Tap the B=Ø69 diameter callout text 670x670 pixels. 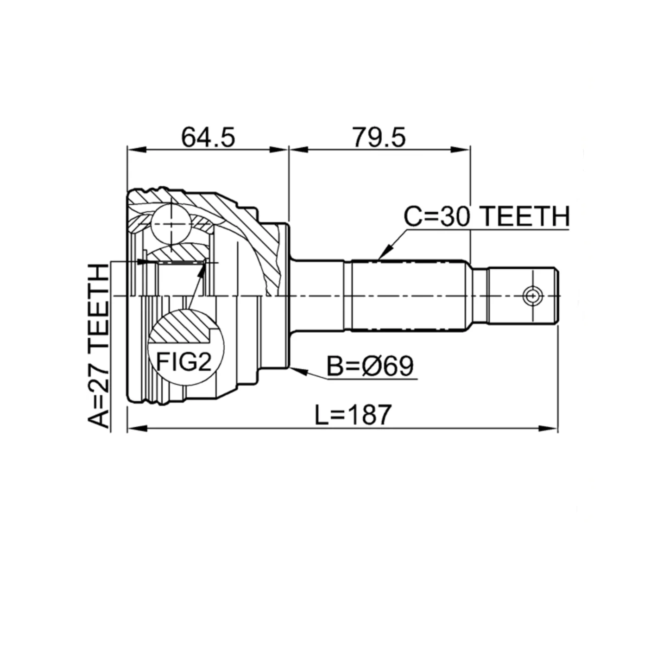(x=370, y=366)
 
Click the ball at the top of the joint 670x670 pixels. (x=171, y=225)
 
